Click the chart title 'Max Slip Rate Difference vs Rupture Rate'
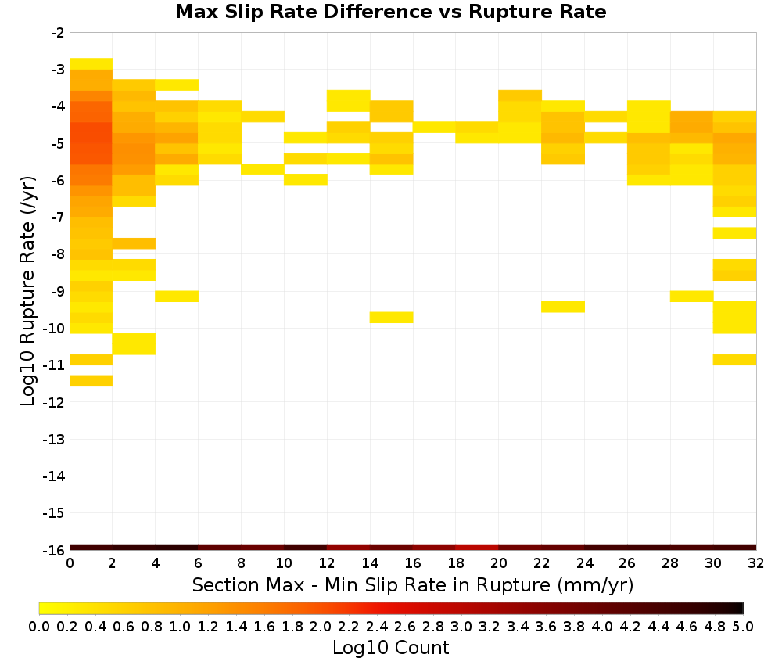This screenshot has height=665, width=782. pyautogui.click(x=390, y=12)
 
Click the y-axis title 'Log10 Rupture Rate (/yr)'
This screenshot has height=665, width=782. pyautogui.click(x=27, y=291)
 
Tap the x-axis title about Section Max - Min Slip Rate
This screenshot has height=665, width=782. pyautogui.click(x=413, y=584)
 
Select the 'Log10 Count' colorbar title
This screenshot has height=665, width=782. pyautogui.click(x=390, y=648)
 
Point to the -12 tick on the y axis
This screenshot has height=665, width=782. pyautogui.click(x=53, y=402)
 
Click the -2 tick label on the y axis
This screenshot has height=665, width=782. pyautogui.click(x=57, y=33)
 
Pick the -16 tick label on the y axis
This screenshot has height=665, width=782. pyautogui.click(x=53, y=550)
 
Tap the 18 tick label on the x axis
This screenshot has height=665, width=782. pyautogui.click(x=456, y=563)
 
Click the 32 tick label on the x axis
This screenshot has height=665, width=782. pyautogui.click(x=756, y=563)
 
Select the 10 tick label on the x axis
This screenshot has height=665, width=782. pyautogui.click(x=285, y=563)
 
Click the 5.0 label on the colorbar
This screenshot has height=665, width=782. pyautogui.click(x=743, y=626)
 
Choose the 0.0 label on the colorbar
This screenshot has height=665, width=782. pyautogui.click(x=39, y=626)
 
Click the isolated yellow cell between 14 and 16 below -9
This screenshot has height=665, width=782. pyautogui.click(x=392, y=318)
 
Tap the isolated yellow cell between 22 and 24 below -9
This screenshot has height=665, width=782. pyautogui.click(x=563, y=307)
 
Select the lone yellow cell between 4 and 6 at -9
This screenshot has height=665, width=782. pyautogui.click(x=177, y=297)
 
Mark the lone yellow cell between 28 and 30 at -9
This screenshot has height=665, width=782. pyautogui.click(x=692, y=297)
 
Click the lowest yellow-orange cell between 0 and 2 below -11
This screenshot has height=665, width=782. pyautogui.click(x=91, y=381)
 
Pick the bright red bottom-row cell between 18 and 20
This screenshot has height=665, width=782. pyautogui.click(x=477, y=548)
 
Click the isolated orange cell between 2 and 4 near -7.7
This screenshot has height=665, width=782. pyautogui.click(x=135, y=243)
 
